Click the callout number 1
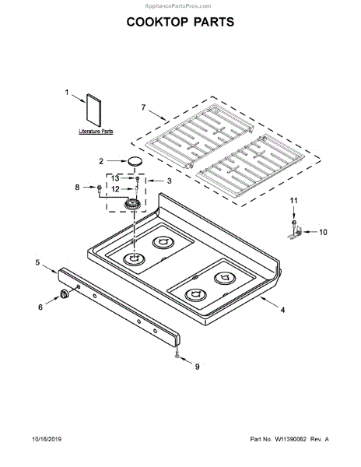pyautogui.click(x=67, y=93)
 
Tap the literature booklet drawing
pyautogui.click(x=93, y=111)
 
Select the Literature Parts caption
pyautogui.click(x=96, y=131)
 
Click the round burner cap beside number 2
pyautogui.click(x=135, y=162)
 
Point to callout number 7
pyautogui.click(x=143, y=107)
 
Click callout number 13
pyautogui.click(x=115, y=178)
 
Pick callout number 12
pyautogui.click(x=115, y=189)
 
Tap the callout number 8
pyautogui.click(x=77, y=188)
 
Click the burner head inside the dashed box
pyautogui.click(x=132, y=205)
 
